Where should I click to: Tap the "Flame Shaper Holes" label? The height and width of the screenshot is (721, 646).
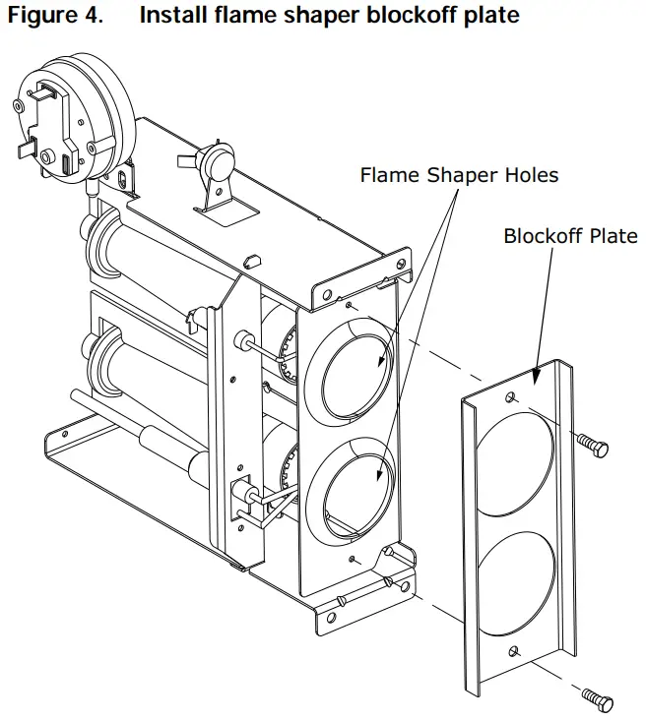pyautogui.click(x=459, y=176)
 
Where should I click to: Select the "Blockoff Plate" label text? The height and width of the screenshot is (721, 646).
pyautogui.click(x=570, y=236)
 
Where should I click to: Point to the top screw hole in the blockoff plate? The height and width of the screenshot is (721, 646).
pyautogui.click(x=512, y=398)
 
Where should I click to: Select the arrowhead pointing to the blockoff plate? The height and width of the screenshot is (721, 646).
pyautogui.click(x=534, y=378)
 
